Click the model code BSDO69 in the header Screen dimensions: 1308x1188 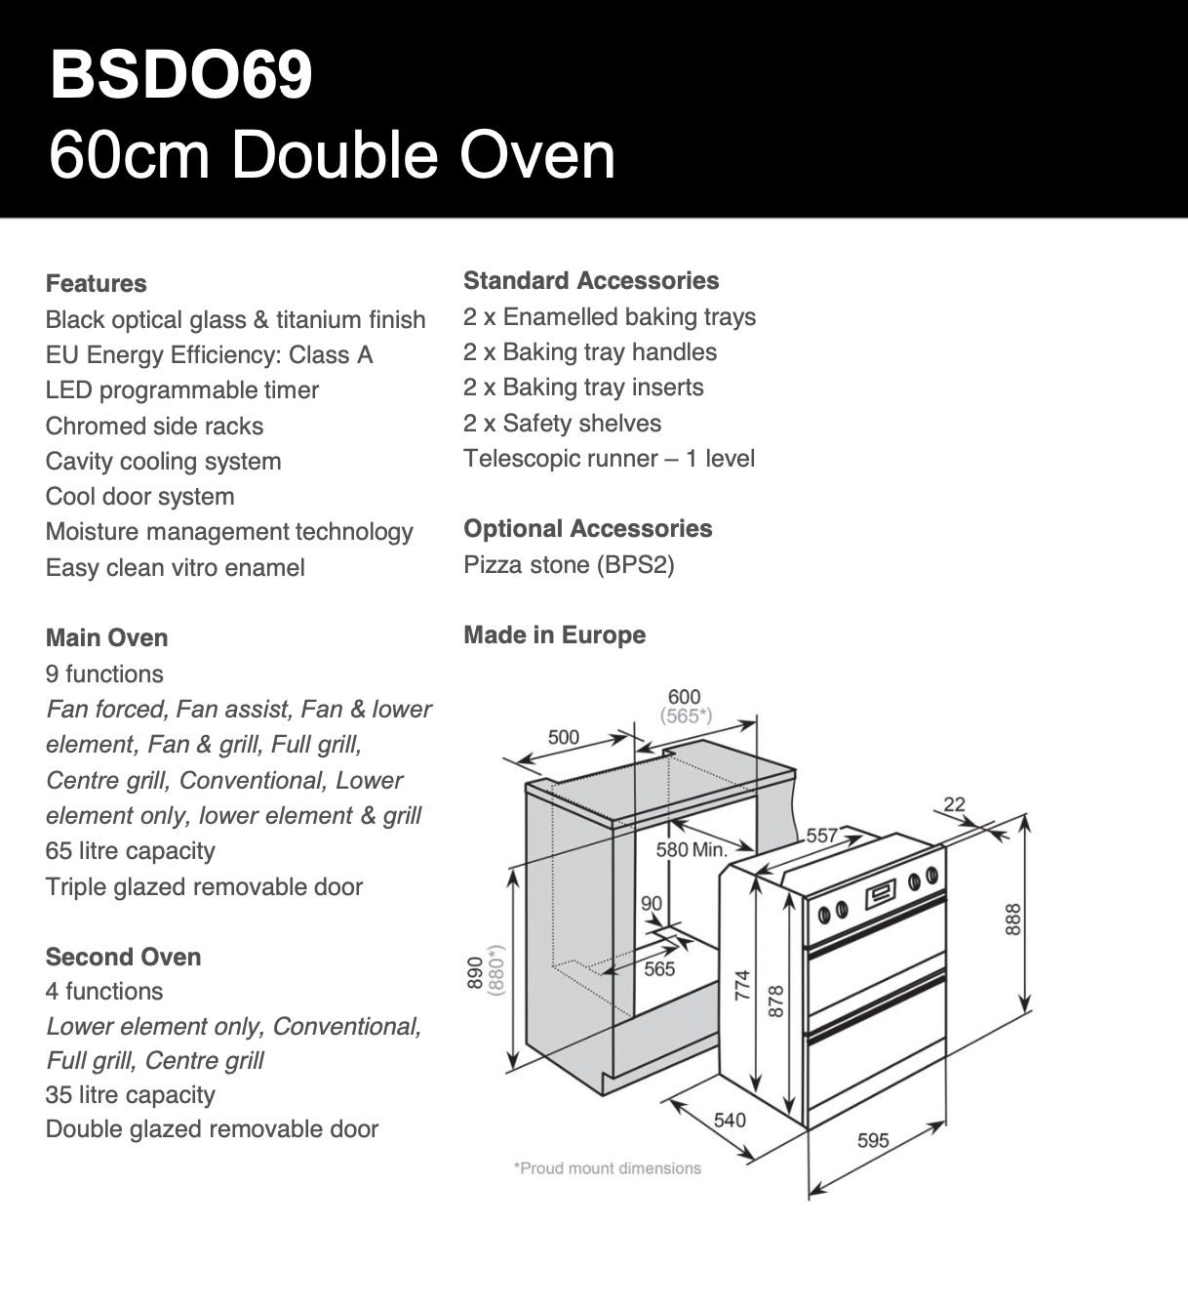(x=180, y=74)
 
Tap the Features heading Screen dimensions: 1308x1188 (x=96, y=284)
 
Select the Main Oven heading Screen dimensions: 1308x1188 (x=106, y=638)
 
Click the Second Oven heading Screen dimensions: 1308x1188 (x=123, y=957)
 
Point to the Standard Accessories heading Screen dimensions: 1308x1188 (x=591, y=281)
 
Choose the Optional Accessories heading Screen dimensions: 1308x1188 (x=587, y=529)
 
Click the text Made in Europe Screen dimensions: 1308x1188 (x=554, y=635)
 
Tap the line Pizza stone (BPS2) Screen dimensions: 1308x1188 (x=569, y=565)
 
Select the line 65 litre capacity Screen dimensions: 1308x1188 (x=130, y=851)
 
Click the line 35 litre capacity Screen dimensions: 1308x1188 (x=130, y=1095)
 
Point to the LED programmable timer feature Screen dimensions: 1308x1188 (x=182, y=390)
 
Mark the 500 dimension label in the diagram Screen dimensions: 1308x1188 (x=564, y=738)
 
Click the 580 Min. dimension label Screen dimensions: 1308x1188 (x=692, y=850)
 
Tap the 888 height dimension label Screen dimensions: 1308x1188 (x=1013, y=919)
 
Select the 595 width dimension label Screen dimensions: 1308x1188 (x=873, y=1140)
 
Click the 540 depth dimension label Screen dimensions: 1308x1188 (x=730, y=1120)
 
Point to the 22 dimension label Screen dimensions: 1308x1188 (x=954, y=804)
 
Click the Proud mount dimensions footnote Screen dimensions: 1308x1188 (x=607, y=1168)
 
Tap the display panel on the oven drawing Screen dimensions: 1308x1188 (x=880, y=891)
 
